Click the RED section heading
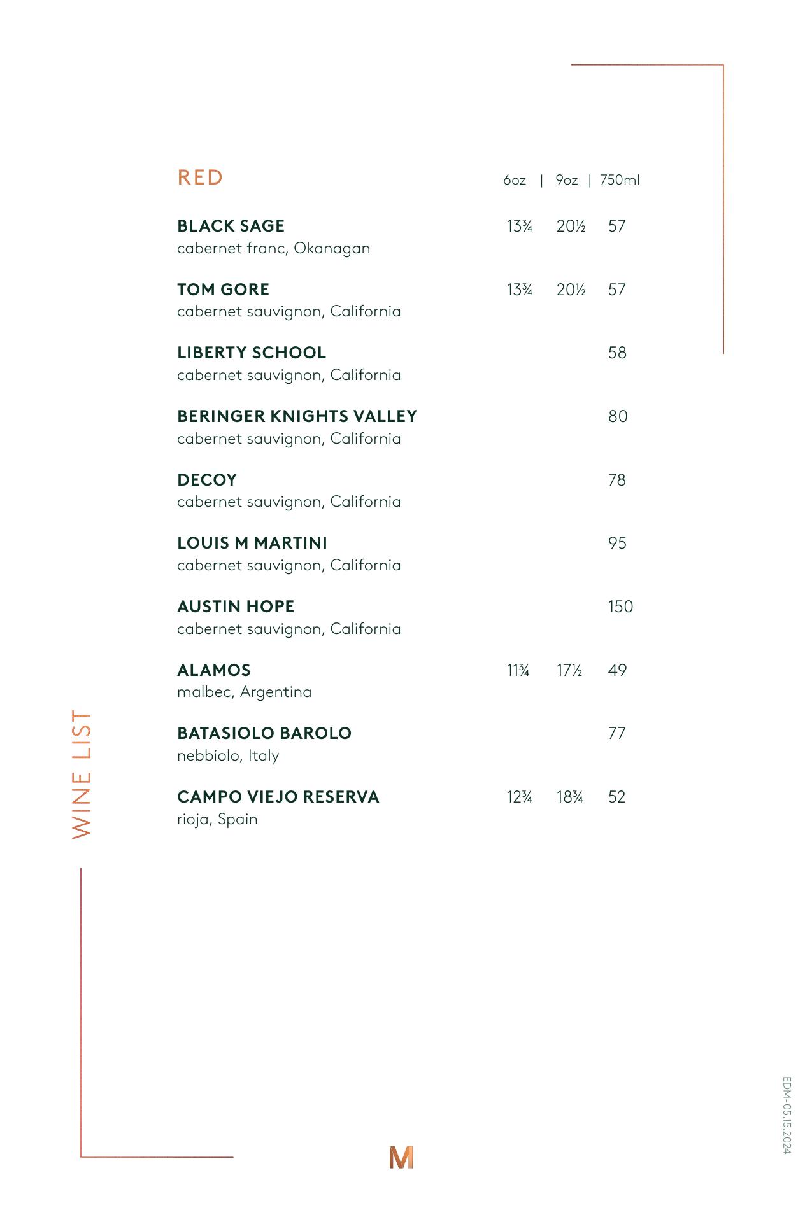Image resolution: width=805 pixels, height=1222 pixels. click(x=200, y=178)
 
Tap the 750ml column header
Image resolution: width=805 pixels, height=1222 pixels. click(x=619, y=180)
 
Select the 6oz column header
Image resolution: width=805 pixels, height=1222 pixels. click(x=515, y=180)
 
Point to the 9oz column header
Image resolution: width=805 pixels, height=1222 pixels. click(x=566, y=180)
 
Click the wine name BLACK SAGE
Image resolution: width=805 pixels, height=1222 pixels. click(x=231, y=226)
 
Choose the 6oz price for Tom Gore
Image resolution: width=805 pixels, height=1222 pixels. click(x=519, y=290)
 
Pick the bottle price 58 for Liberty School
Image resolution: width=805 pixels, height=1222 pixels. click(x=617, y=353)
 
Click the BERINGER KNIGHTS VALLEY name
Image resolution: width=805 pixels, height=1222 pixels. click(x=297, y=416)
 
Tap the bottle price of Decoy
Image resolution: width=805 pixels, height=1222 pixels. click(x=617, y=480)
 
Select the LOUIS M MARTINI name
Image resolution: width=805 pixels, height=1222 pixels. click(x=252, y=543)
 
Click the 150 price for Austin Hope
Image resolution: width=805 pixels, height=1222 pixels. click(x=620, y=607)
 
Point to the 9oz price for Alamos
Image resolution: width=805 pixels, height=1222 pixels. click(x=569, y=670)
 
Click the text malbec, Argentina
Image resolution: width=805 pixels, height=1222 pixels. click(x=244, y=692)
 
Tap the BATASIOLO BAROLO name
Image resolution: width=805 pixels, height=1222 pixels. click(x=264, y=733)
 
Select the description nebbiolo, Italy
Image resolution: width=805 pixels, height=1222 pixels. click(x=228, y=755)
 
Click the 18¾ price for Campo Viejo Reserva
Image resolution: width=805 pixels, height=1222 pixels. click(x=570, y=797)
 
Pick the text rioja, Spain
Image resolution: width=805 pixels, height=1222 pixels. click(x=217, y=819)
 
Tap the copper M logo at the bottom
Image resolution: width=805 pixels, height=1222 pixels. click(x=401, y=1157)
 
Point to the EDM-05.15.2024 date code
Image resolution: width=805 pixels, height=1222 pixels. click(x=787, y=1115)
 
